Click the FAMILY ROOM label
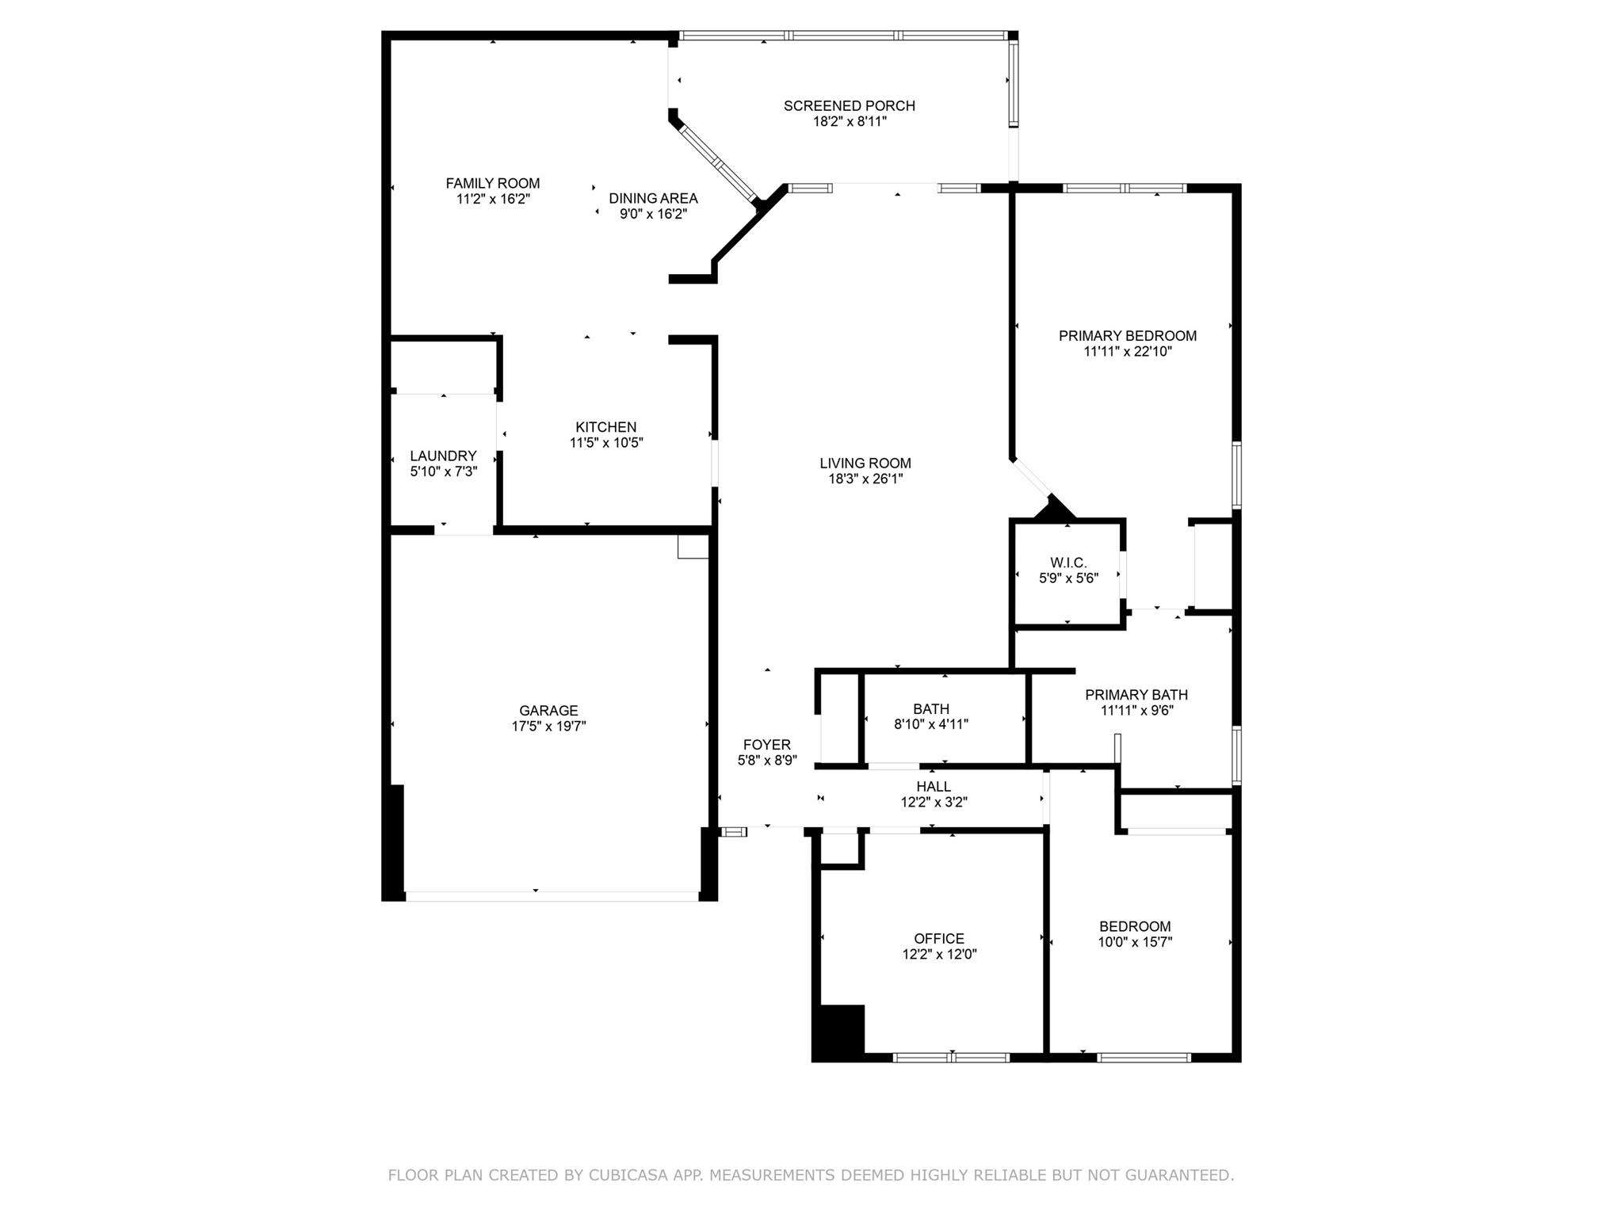pos(493,183)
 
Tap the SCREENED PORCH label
pos(850,105)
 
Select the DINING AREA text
pos(653,198)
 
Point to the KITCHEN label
pos(606,427)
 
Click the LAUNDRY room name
pos(443,456)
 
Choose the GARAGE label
pos(548,711)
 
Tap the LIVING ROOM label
pos(865,463)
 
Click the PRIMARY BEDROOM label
pos(1128,335)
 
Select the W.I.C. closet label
pos(1068,563)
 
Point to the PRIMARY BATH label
pos(1136,695)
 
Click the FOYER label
pos(766,745)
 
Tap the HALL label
pos(934,786)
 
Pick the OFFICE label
pos(939,939)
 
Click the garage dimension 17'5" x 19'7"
pos(548,726)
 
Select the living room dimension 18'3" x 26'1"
pos(865,479)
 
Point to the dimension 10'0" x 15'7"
pos(1135,942)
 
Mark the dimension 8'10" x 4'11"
pos(930,723)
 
